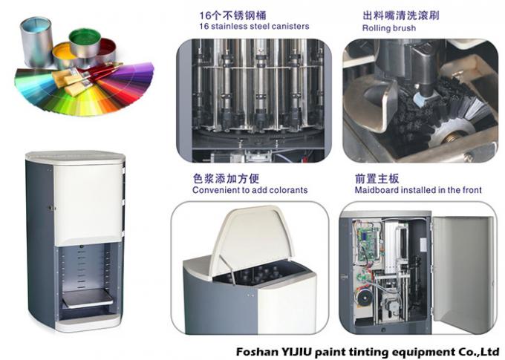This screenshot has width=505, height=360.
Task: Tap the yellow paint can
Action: coord(64,53)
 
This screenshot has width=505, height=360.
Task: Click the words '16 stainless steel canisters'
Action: coord(245,27)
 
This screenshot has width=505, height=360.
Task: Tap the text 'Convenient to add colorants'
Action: coord(250,190)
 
